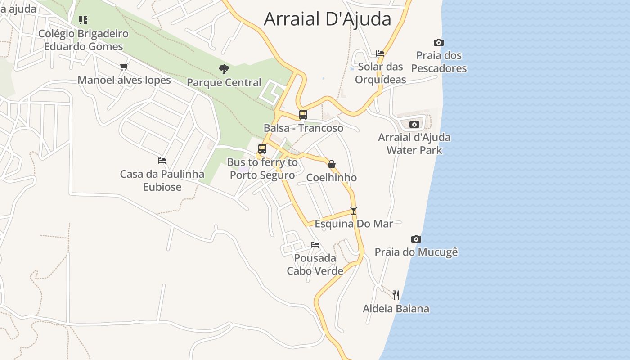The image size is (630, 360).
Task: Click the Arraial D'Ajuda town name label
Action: pyautogui.click(x=327, y=19)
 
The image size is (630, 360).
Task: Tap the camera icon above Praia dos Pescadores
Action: pyautogui.click(x=439, y=42)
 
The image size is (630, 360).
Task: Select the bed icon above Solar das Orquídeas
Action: pyautogui.click(x=380, y=54)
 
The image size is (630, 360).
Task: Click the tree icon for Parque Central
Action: pyautogui.click(x=224, y=69)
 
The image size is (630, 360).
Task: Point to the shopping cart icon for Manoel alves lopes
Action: pyautogui.click(x=124, y=67)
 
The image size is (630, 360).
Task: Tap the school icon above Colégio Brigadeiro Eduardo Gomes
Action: pyautogui.click(x=83, y=20)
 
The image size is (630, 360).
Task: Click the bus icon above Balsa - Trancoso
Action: pyautogui.click(x=303, y=114)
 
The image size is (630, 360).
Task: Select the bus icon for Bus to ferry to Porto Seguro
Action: pyautogui.click(x=262, y=149)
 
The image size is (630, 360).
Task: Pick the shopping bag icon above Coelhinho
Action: pyautogui.click(x=332, y=164)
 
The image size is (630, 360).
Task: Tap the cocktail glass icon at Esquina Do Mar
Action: pyautogui.click(x=354, y=210)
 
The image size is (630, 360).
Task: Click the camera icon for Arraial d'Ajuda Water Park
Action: pyautogui.click(x=414, y=124)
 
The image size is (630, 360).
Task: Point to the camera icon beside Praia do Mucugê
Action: pyautogui.click(x=416, y=239)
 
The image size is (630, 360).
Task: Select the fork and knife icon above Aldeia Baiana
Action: pyautogui.click(x=396, y=295)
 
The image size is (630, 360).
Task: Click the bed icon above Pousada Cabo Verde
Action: pyautogui.click(x=315, y=245)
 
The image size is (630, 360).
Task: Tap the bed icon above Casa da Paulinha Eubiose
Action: pyautogui.click(x=162, y=160)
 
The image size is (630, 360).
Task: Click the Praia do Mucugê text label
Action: pyautogui.click(x=416, y=252)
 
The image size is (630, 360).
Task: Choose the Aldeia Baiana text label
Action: pyautogui.click(x=396, y=309)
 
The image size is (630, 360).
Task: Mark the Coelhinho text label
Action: pyautogui.click(x=332, y=178)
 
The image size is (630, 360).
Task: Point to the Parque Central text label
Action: pyautogui.click(x=224, y=83)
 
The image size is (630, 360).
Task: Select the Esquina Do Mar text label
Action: pyautogui.click(x=354, y=224)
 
